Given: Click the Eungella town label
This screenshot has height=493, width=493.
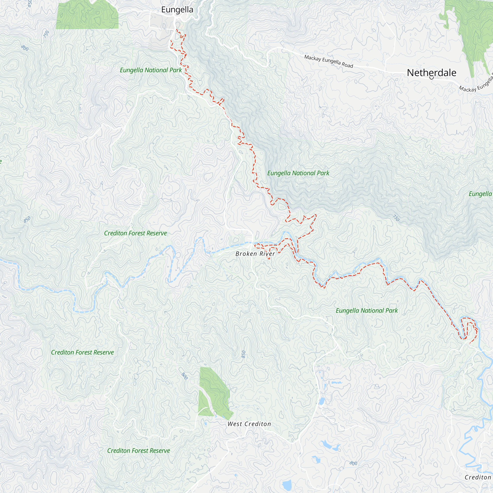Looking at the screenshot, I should [177, 10].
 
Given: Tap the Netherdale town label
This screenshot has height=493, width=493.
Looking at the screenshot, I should [432, 73].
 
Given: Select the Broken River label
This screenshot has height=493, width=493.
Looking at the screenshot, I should [255, 254].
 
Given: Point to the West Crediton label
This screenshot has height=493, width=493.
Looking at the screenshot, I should [249, 424].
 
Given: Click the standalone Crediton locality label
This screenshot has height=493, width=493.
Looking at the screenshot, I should [478, 477].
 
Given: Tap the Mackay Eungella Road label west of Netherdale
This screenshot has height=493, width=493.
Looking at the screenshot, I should [328, 61].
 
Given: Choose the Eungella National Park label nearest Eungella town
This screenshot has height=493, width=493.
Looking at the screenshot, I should [151, 70].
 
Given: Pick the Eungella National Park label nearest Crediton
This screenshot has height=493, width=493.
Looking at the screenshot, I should [367, 311].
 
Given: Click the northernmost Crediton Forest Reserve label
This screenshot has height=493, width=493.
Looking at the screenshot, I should [135, 233].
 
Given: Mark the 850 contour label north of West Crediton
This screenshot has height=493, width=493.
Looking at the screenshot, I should [244, 354].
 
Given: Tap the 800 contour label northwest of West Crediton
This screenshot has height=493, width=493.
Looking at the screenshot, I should [184, 376].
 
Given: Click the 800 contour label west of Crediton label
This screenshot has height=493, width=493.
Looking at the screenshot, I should [353, 463].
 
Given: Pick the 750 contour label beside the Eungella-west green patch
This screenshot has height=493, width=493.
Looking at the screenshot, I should [46, 34].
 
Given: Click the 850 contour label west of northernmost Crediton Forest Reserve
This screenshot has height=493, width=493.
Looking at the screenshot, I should [27, 219].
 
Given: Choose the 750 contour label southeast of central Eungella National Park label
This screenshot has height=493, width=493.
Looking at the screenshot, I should [396, 218].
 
